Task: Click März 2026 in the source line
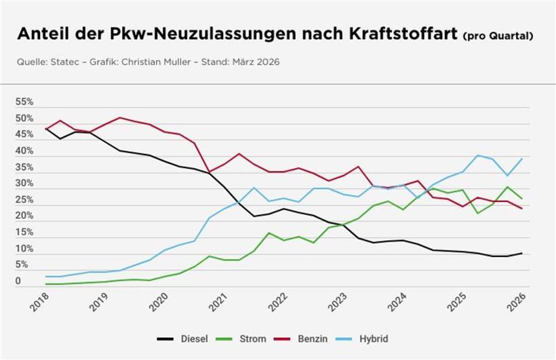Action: click(255, 62)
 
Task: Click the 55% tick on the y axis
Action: click(24, 102)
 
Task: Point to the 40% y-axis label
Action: click(24, 151)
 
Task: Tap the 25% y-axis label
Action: click(24, 199)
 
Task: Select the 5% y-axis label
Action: click(22, 264)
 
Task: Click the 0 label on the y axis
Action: click(19, 281)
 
